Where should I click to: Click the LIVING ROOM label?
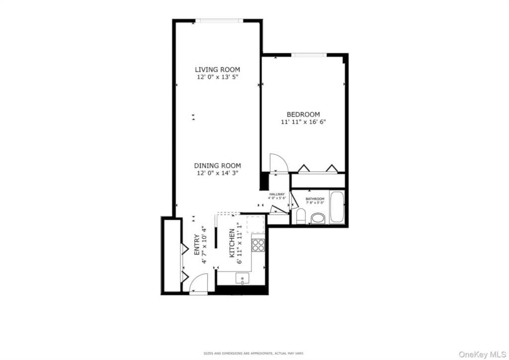[x=217, y=70]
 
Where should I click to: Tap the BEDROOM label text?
[x=303, y=114]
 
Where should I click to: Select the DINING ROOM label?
[x=217, y=166]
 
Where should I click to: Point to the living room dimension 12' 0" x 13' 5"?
[x=217, y=77]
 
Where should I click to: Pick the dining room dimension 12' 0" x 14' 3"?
[x=217, y=173]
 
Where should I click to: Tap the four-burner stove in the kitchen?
[x=258, y=245]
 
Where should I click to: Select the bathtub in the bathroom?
[x=337, y=207]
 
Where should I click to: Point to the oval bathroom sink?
[x=318, y=218]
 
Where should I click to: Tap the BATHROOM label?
[x=315, y=199]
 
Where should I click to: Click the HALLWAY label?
[x=277, y=194]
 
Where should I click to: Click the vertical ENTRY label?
[x=197, y=244]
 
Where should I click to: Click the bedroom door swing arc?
[x=278, y=162]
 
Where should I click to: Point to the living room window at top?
[x=219, y=21]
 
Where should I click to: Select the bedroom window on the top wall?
[x=308, y=55]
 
